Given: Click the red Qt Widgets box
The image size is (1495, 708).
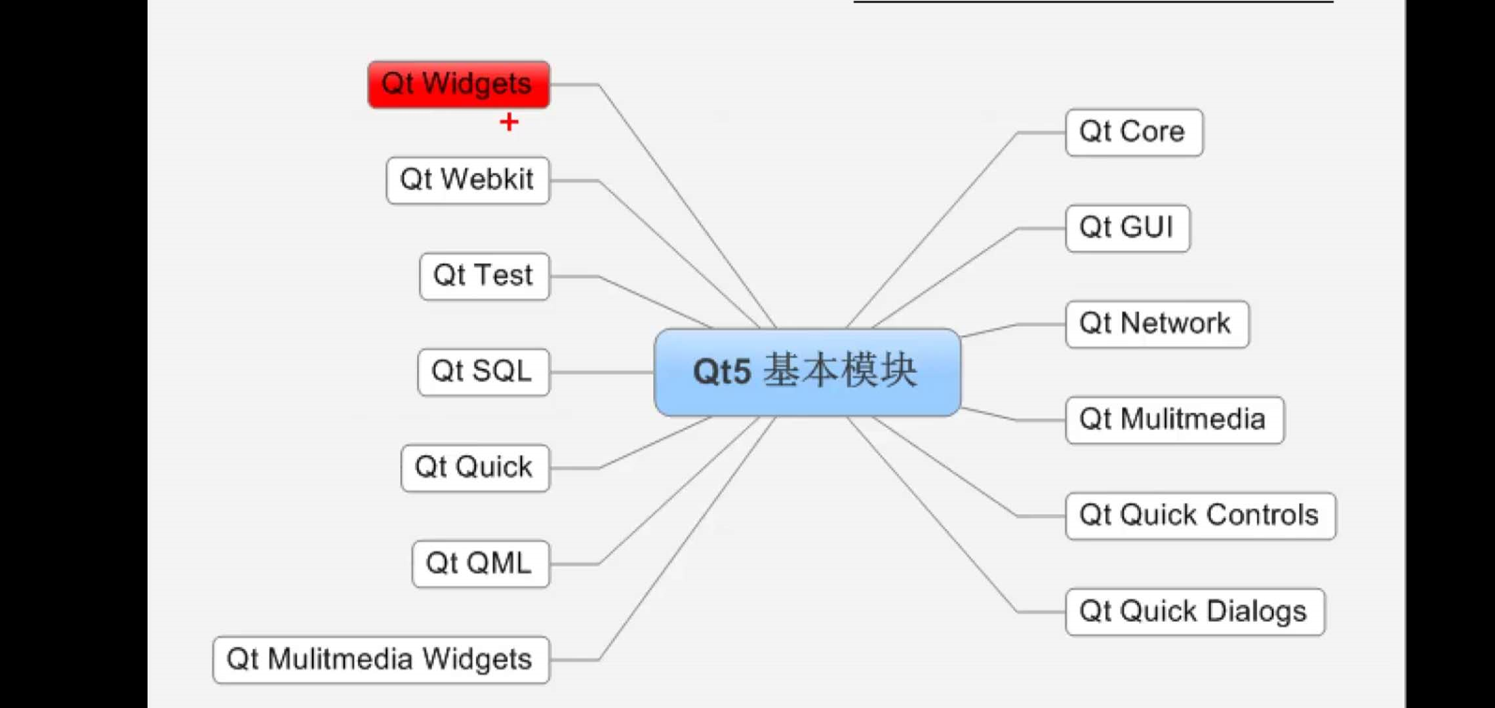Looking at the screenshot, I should (x=458, y=85).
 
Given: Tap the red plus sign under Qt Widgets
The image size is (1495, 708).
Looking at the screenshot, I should (x=509, y=122).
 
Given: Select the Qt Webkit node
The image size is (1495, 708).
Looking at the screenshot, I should (x=468, y=180).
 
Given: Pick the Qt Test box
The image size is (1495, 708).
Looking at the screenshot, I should (x=484, y=276).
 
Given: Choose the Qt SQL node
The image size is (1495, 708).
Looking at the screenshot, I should (x=483, y=372).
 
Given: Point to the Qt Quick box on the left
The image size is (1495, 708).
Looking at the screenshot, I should (x=475, y=468).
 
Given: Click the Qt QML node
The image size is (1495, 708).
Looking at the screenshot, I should (x=480, y=564).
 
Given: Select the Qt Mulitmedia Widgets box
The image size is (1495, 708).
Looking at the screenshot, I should (x=380, y=659).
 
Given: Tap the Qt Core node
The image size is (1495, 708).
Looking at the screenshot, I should (x=1134, y=132).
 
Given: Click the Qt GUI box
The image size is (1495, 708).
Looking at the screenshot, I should (x=1127, y=228).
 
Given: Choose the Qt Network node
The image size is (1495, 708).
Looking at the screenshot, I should (x=1157, y=324).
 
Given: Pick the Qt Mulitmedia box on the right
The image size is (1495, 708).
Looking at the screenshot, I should (x=1174, y=420).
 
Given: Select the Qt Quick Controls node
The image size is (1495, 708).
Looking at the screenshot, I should (x=1200, y=516).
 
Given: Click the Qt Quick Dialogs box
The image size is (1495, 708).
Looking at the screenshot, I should (x=1194, y=612).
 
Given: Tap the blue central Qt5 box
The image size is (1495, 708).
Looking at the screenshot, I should (x=807, y=372).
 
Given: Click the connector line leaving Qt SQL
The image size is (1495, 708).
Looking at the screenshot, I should (x=601, y=372).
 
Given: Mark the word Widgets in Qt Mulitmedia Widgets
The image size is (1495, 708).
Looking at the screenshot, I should (x=477, y=659).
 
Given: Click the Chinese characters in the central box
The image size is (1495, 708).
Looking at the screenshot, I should (x=840, y=371).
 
